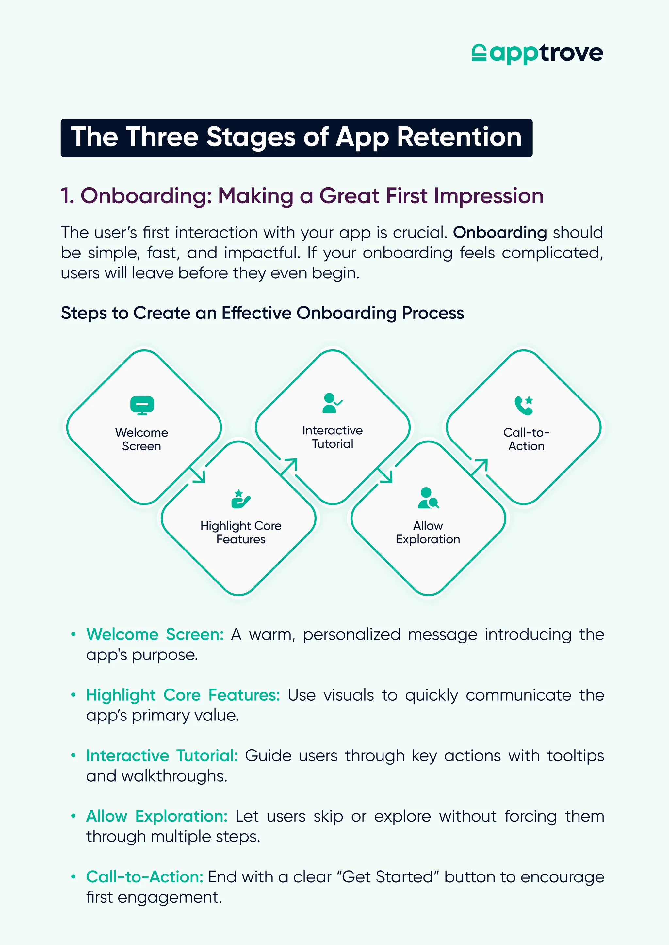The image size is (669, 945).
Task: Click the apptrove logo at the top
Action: click(537, 54)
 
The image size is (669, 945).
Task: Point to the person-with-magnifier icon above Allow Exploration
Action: click(428, 498)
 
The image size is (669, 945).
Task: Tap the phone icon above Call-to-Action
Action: click(524, 405)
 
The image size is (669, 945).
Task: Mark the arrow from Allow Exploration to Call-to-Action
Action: click(480, 466)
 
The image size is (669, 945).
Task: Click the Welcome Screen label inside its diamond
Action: click(142, 439)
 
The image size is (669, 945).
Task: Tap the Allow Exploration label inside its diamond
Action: click(428, 532)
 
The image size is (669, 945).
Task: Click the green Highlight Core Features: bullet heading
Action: click(183, 695)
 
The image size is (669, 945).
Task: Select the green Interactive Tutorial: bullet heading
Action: click(162, 756)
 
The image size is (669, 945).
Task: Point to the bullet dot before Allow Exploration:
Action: click(73, 816)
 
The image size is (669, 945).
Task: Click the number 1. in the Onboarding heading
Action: click(68, 196)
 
